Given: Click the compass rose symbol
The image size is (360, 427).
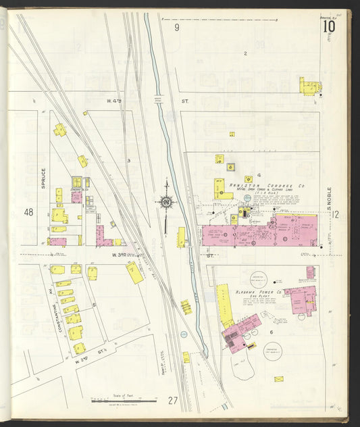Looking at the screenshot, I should coord(165,201).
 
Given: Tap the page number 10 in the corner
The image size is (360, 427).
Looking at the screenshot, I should coord(329,26).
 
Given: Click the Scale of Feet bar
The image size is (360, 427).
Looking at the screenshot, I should coord(123,401).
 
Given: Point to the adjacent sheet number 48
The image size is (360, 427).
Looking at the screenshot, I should coord(28,212).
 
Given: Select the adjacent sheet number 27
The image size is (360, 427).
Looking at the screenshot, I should coord(173,401).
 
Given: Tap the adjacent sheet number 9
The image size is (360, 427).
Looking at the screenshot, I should coord(177,28).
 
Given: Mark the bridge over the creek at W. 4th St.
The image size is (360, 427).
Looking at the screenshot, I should coord(157,101).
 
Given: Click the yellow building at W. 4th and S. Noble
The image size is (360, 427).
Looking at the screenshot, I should coord(309,86).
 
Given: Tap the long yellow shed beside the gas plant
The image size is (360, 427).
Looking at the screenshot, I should coord(224,305).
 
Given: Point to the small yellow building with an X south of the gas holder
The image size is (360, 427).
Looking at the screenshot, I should coord(278,378).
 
